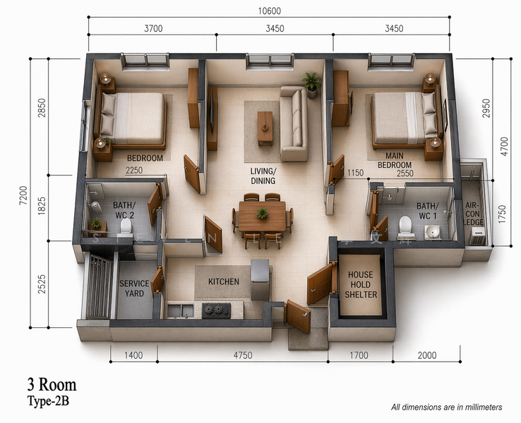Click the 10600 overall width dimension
pyautogui.click(x=270, y=11)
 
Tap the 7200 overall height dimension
pyautogui.click(x=23, y=195)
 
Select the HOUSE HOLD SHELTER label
pyautogui.click(x=361, y=285)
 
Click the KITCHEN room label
pyautogui.click(x=224, y=282)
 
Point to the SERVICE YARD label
pyautogui.click(x=134, y=288)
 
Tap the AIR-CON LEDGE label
pyautogui.click(x=473, y=214)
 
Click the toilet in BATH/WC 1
pyautogui.click(x=405, y=228)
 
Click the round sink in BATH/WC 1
pyautogui.click(x=432, y=231)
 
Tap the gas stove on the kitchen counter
pyautogui.click(x=216, y=310)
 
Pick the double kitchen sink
pyautogui.click(x=181, y=311)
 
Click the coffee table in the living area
pyautogui.click(x=265, y=128)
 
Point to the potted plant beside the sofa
pyautogui.click(x=311, y=85)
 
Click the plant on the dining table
pyautogui.click(x=262, y=213)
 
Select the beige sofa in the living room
pyautogui.click(x=294, y=123)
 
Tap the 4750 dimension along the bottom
pyautogui.click(x=243, y=355)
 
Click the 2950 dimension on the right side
pyautogui.click(x=486, y=108)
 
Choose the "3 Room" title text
pyautogui.click(x=52, y=385)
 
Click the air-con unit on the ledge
pyautogui.click(x=477, y=236)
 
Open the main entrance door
pyautogui.click(x=298, y=316)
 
